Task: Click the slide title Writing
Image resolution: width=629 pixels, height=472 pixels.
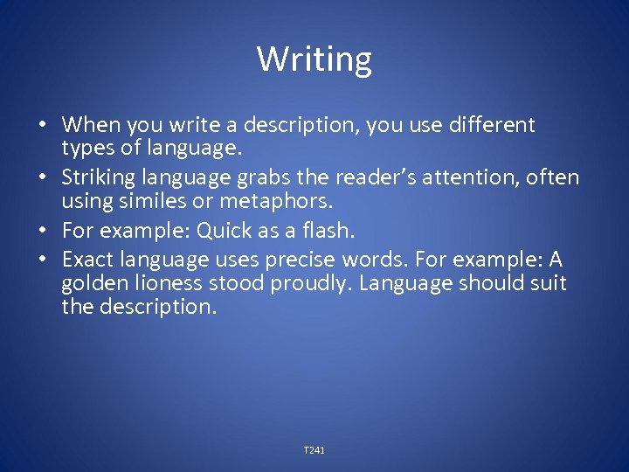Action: (x=314, y=59)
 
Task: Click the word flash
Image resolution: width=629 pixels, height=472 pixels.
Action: (x=333, y=232)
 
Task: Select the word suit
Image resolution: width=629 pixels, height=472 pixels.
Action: (x=547, y=283)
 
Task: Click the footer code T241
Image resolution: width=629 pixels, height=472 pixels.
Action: (x=314, y=450)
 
